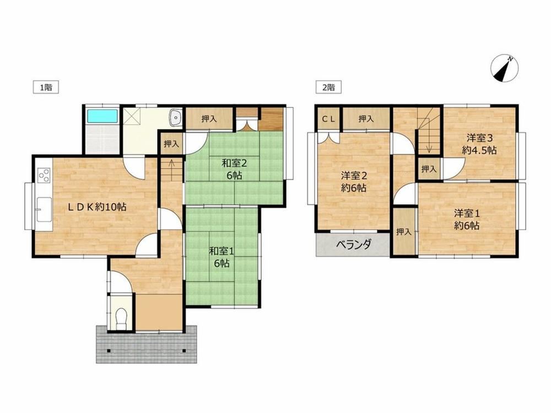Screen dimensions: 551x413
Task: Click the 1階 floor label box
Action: click(46, 87)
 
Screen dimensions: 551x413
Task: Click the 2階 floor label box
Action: click(328, 87)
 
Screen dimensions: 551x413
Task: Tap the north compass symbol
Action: click(504, 68)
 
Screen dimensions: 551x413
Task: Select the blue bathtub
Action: click(102, 116)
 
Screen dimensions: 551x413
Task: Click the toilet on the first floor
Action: click(121, 318)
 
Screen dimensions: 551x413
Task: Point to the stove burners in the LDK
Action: click(44, 175)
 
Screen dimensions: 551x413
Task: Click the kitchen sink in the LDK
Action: click(44, 210)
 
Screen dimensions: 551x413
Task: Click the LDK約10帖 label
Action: click(98, 207)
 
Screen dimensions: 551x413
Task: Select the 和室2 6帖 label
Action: click(234, 169)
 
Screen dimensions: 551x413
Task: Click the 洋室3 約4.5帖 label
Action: click(479, 144)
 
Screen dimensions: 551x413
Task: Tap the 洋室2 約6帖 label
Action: click(354, 182)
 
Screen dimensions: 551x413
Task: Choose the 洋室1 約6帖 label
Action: click(467, 219)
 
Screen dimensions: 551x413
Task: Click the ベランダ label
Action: click(354, 244)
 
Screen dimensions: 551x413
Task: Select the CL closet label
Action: click(329, 119)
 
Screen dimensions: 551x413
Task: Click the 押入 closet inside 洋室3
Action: click(429, 169)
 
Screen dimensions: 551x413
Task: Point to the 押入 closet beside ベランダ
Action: click(404, 232)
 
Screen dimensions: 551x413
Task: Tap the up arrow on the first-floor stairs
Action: click(171, 165)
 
